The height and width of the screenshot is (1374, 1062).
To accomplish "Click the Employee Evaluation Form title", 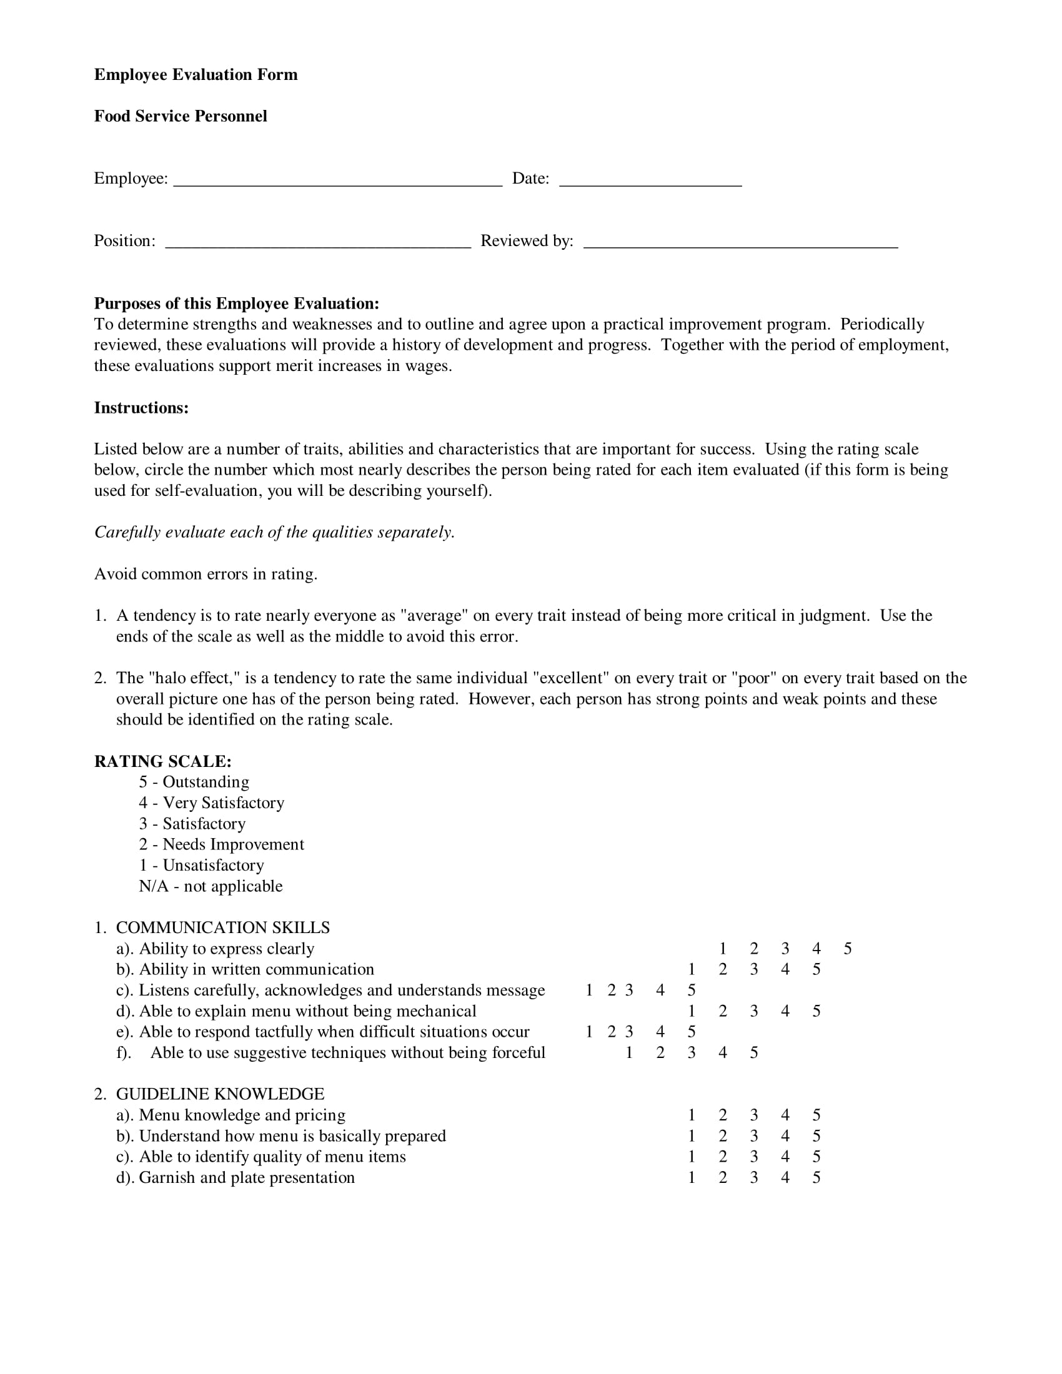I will pos(196,75).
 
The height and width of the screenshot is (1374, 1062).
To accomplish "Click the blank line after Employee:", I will pos(337,180).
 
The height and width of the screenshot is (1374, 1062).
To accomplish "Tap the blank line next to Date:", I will pos(650,180).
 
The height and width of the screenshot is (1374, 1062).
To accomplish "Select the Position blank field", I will pos(318,243).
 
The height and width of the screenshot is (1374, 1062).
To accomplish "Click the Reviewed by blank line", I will pos(740,243).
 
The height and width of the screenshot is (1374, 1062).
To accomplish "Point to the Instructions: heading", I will pos(141,408).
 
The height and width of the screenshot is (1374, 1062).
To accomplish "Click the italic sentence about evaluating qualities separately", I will pos(274,532).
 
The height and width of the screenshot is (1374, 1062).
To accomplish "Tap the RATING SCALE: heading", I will pos(163,761).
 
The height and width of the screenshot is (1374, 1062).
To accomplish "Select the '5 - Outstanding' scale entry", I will pos(194,782).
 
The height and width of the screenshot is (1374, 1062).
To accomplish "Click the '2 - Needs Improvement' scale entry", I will pos(222,844).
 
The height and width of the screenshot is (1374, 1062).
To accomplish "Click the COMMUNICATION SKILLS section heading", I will pos(223,928).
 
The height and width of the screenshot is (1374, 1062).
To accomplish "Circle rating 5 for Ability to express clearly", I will pos(848,949).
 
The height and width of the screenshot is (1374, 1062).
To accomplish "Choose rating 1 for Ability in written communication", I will pos(692,969).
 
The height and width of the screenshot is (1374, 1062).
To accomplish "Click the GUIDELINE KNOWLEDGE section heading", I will pos(220,1094).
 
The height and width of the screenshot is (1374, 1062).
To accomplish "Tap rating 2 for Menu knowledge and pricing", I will pos(723,1115).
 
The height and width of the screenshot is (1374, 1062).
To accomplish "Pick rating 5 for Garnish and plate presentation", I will pos(816,1178).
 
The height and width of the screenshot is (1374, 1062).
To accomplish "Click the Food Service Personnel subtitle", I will pos(181,116).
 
